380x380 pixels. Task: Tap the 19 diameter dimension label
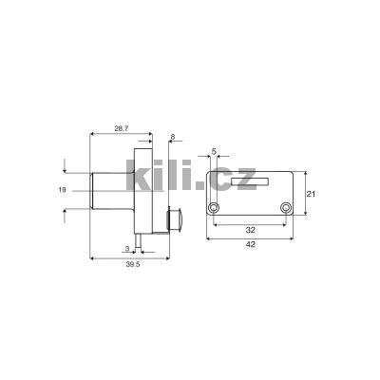[61, 191]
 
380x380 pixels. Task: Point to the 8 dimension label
[172, 138]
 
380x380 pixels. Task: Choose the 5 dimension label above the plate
[214, 150]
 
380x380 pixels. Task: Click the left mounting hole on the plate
[215, 208]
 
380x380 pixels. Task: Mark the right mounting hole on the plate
[284, 208]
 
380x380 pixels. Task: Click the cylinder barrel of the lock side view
[108, 193]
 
